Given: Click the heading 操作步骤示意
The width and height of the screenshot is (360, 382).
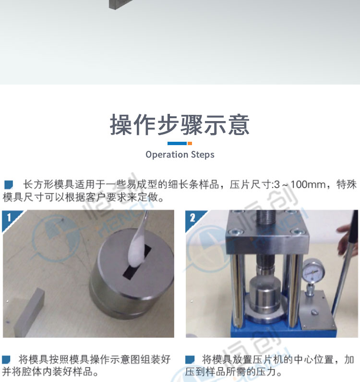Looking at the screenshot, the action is click(x=180, y=124).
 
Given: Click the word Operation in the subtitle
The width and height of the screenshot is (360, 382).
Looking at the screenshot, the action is click(x=167, y=155).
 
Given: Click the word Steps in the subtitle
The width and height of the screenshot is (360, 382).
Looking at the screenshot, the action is click(x=203, y=155).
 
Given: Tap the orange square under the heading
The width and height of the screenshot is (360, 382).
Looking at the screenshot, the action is click(x=190, y=144).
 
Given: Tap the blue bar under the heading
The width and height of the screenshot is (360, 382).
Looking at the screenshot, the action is click(x=177, y=144).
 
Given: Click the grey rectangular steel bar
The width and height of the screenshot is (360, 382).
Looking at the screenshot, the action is click(x=29, y=313).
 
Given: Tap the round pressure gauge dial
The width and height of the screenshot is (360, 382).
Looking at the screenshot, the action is click(x=314, y=271).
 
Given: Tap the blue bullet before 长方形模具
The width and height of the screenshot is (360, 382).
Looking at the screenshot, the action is click(x=9, y=185).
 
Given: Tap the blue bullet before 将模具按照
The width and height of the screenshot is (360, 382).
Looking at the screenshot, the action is click(x=6, y=359).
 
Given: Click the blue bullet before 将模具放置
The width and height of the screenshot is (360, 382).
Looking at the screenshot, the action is click(x=190, y=359).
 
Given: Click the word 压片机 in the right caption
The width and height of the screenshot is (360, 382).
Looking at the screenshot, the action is click(x=268, y=359).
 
